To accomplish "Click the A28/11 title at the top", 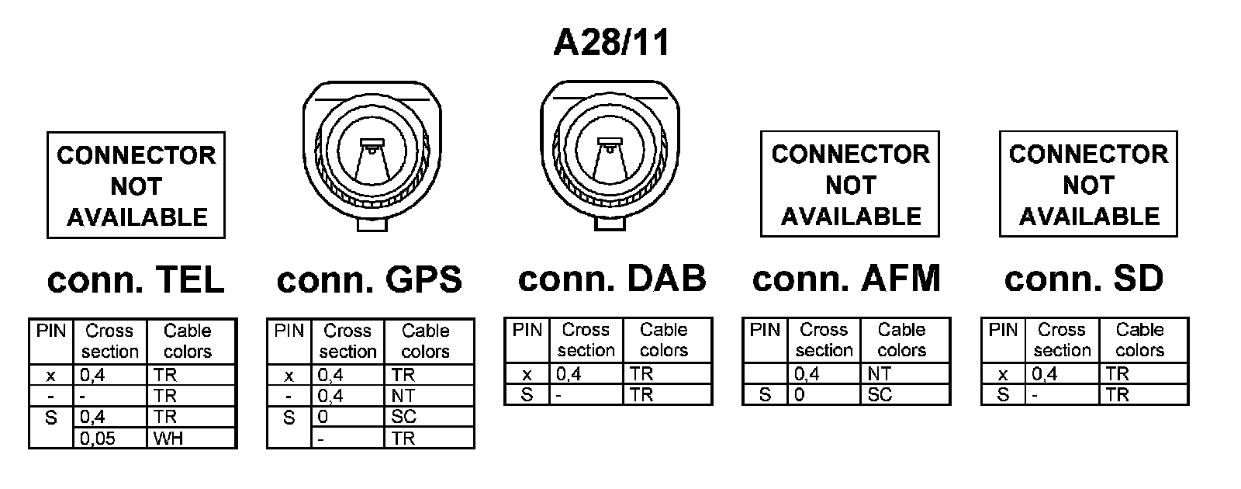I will click(x=611, y=43).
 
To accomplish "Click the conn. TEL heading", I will click(x=136, y=279).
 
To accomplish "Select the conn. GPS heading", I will click(x=369, y=279).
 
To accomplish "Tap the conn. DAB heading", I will click(x=612, y=278).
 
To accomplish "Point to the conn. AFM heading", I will click(x=846, y=278).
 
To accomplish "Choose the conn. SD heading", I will click(x=1084, y=278).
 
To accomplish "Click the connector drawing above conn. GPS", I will click(x=369, y=154).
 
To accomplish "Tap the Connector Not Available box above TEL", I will click(x=136, y=186).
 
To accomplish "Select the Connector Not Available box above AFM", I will click(x=850, y=185).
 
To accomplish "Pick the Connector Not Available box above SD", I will click(x=1088, y=185).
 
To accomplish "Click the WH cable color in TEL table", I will click(x=168, y=439).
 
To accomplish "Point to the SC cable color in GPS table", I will click(x=404, y=417).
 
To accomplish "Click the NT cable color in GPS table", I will click(x=404, y=396).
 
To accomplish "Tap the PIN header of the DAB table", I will click(x=527, y=330).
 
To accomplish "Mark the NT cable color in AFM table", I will click(x=879, y=374).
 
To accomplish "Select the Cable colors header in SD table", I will click(x=1139, y=340).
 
